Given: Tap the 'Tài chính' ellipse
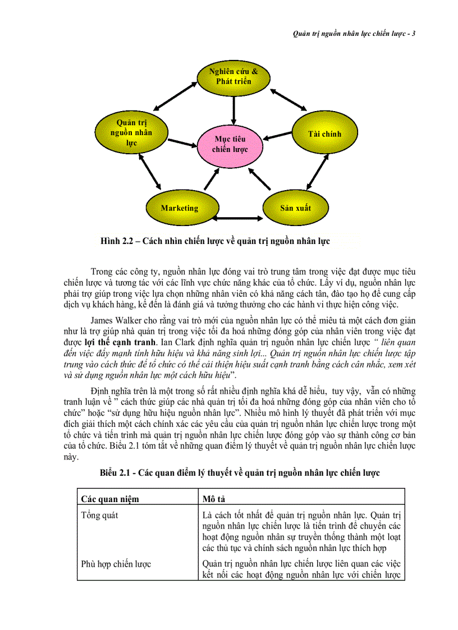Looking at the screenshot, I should click(324, 134).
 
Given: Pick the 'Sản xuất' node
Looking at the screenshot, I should click(295, 208).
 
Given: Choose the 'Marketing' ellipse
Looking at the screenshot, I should click(180, 208).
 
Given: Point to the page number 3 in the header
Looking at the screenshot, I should click(414, 34).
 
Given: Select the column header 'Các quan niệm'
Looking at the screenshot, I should click(110, 499).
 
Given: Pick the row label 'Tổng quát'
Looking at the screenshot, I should click(99, 515).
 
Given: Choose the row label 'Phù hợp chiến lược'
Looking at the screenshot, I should click(116, 564).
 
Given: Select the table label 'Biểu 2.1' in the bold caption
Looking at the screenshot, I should click(118, 473).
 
